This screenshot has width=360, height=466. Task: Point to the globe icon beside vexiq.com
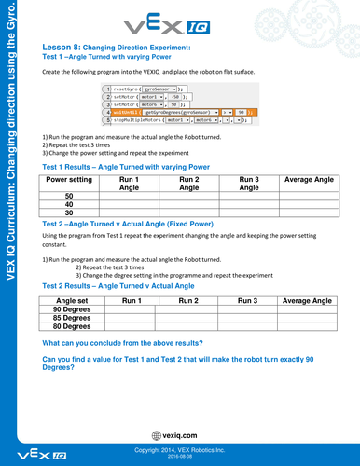tap(155, 435)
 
